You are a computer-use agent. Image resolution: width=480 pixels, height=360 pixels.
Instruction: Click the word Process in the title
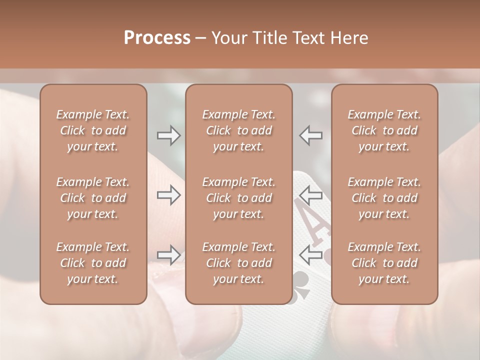click(157, 38)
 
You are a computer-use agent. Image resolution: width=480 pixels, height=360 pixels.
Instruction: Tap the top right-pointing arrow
click(168, 135)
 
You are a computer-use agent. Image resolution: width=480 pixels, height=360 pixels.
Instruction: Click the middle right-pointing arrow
click(168, 195)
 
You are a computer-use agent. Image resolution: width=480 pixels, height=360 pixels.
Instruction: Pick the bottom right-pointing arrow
click(168, 255)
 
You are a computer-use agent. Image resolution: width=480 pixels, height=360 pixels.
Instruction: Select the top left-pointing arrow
click(310, 135)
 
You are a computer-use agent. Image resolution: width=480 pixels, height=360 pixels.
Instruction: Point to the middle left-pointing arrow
click(310, 195)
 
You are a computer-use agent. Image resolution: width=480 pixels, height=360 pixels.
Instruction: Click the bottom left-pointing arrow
click(310, 255)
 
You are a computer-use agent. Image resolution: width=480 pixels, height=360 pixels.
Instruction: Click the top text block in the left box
click(93, 130)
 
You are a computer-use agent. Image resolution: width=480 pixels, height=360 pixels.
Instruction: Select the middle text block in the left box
click(93, 198)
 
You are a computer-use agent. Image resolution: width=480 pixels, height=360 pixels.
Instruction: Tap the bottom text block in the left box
click(93, 263)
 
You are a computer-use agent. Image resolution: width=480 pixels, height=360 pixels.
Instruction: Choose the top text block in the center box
click(239, 130)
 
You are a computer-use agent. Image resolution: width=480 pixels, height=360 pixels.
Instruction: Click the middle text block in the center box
click(239, 198)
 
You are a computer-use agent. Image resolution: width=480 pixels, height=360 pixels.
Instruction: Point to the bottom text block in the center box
click(239, 263)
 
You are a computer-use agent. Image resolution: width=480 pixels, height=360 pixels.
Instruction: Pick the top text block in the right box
click(384, 130)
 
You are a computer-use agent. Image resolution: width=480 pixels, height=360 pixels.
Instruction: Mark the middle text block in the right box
click(384, 198)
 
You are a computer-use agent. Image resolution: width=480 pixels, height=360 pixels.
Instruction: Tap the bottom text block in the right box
click(384, 263)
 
